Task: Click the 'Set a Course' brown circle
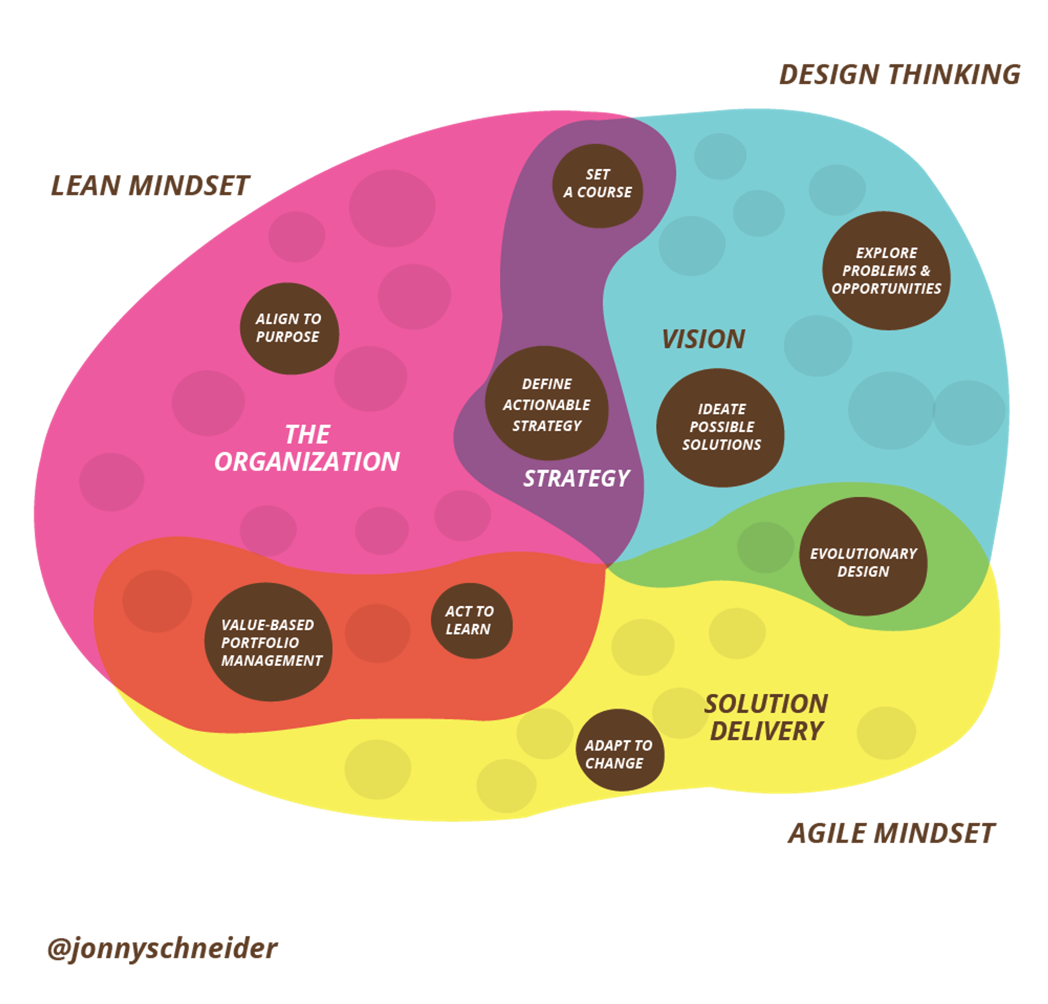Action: pos(597,185)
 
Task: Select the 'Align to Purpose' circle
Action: pos(289,328)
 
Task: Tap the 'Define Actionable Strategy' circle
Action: pos(547,403)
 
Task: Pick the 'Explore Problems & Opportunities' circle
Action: pos(886,270)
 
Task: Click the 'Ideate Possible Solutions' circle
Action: pos(720,428)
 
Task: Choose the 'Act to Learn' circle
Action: pos(472,620)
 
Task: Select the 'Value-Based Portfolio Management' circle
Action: pos(268,642)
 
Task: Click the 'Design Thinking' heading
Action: pos(899,75)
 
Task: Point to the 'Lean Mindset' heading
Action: pos(150,186)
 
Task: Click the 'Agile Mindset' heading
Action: pos(891,834)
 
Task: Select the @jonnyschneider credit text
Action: pos(162,949)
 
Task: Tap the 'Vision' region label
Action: pos(703,339)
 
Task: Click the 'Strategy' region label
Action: pos(576,478)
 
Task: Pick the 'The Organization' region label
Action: pos(307,448)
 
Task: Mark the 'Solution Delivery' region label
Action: pos(766,717)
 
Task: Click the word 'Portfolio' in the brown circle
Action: pos(260,642)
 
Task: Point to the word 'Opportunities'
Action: pos(886,289)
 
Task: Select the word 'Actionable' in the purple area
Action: pos(547,405)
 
